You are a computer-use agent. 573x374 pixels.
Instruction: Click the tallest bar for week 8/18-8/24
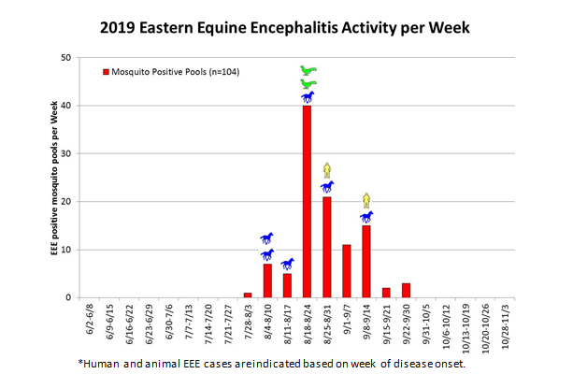pos(307,201)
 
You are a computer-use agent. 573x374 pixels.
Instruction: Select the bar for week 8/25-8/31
pos(326,247)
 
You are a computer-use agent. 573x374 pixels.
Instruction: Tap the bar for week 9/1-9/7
pos(346,271)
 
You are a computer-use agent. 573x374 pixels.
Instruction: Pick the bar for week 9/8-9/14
pos(366,261)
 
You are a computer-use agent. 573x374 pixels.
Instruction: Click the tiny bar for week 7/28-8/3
pos(248,295)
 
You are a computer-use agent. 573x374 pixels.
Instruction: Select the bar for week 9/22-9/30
pos(406,290)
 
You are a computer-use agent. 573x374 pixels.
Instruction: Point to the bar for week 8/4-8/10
pos(267,280)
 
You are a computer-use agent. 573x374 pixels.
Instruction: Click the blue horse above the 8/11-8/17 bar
pos(287,264)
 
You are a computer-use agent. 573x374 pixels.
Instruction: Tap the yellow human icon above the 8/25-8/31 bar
pos(326,169)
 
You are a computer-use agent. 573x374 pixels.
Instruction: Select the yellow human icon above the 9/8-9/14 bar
pos(366,199)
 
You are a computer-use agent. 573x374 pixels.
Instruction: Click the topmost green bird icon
pos(308,70)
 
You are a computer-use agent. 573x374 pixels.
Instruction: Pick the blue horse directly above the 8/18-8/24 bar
pos(308,96)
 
